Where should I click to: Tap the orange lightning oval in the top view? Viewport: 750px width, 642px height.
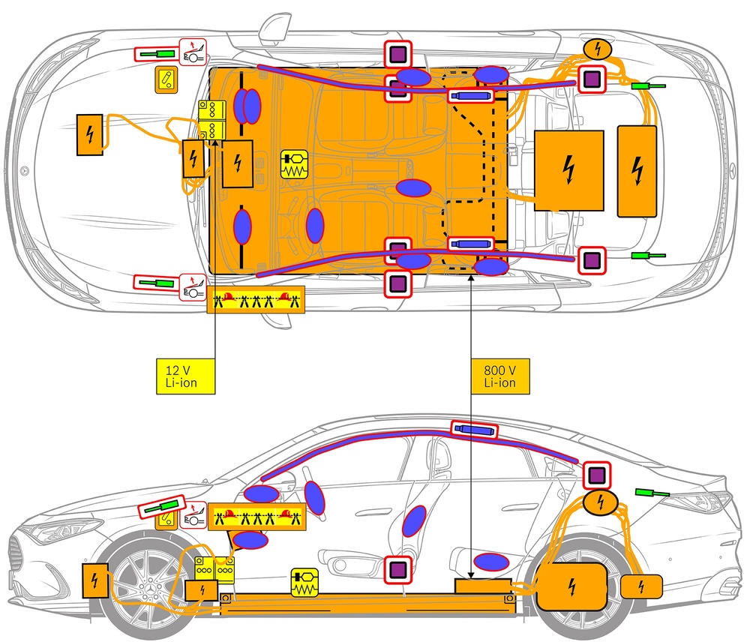click(x=598, y=49)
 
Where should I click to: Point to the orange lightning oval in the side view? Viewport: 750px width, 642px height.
click(x=599, y=502)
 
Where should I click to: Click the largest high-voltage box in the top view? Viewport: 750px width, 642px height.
click(x=569, y=170)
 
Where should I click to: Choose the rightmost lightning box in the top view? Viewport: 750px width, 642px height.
click(x=637, y=171)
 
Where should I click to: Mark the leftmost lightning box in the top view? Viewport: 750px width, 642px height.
click(x=90, y=135)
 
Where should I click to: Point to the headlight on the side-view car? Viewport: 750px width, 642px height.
click(x=45, y=532)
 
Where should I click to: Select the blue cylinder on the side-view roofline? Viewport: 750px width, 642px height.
click(x=474, y=430)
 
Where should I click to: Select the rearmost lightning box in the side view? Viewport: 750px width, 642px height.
click(x=640, y=586)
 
